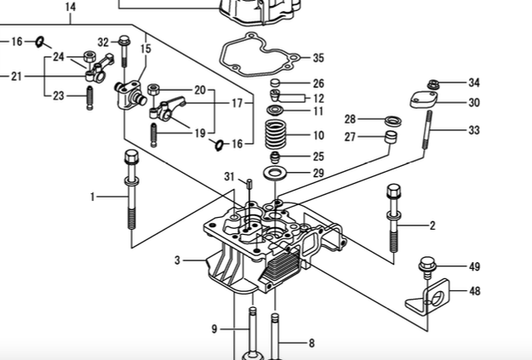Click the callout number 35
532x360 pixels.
pos(317,58)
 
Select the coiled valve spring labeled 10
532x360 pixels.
pos(275,134)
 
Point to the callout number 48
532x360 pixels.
pos(474,291)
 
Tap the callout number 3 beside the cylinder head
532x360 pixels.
pos(177,260)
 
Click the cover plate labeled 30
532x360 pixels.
pos(421,100)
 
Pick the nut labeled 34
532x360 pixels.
pos(433,83)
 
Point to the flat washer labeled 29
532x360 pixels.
pos(275,174)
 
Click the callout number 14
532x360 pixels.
pos(70,7)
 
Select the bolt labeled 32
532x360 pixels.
pos(124,53)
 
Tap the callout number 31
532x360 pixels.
pos(229,176)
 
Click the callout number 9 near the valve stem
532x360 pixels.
pos(215,329)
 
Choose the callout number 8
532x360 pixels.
pos(311,344)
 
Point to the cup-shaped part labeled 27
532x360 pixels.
pos(392,137)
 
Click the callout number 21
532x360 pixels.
pos(16,76)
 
